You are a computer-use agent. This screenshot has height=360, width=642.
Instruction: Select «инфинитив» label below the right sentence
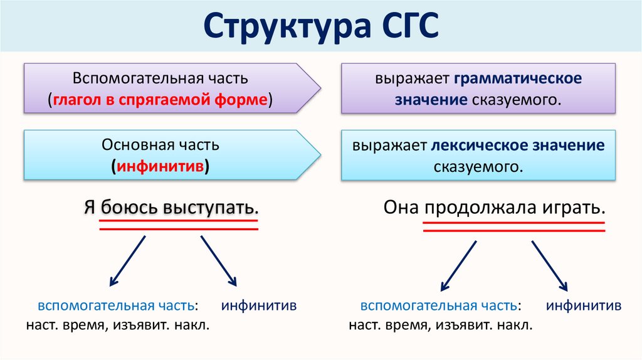[x=584, y=307]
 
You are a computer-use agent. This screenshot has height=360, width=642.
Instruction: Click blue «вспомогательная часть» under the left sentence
[x=115, y=307]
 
